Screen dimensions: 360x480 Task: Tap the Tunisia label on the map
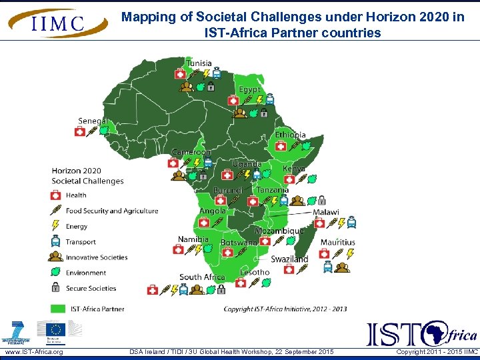199,64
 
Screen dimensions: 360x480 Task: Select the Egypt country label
250,89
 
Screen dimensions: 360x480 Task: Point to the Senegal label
93,121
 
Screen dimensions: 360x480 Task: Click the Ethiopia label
290,135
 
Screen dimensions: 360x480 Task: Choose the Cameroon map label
191,152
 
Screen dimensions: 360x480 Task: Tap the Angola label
213,211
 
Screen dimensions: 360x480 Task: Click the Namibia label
193,239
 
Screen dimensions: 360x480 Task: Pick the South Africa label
202,277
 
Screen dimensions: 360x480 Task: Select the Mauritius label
337,242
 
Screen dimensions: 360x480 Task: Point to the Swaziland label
289,259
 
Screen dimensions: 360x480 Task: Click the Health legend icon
56,195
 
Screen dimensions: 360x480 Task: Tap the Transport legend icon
56,241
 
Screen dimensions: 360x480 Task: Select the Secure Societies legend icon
56,288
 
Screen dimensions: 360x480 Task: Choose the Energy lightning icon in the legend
56,227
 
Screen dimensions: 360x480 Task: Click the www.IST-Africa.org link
34,352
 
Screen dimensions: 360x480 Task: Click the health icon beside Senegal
80,132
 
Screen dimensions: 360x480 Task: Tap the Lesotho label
255,272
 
